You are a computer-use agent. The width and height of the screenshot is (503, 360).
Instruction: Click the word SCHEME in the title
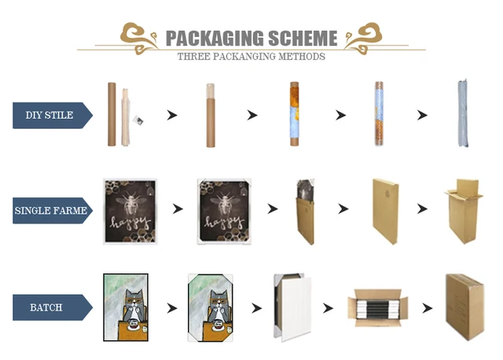coord(302,39)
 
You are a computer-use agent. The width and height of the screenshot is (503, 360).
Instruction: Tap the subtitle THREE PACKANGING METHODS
coord(251,57)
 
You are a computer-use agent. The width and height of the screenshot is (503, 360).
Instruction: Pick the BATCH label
coord(47,307)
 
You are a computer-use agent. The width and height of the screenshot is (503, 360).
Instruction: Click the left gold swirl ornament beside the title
coord(138,35)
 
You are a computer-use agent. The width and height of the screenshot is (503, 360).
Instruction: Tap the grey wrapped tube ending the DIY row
coord(463,115)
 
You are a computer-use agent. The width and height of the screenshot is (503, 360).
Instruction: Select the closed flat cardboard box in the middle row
coord(385,211)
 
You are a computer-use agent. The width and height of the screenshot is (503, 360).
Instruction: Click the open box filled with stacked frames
coord(376,307)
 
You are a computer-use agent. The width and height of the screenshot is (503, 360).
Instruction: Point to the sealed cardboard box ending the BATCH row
coord(464,307)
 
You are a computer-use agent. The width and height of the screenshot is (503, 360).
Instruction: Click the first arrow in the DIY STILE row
coord(171,116)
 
